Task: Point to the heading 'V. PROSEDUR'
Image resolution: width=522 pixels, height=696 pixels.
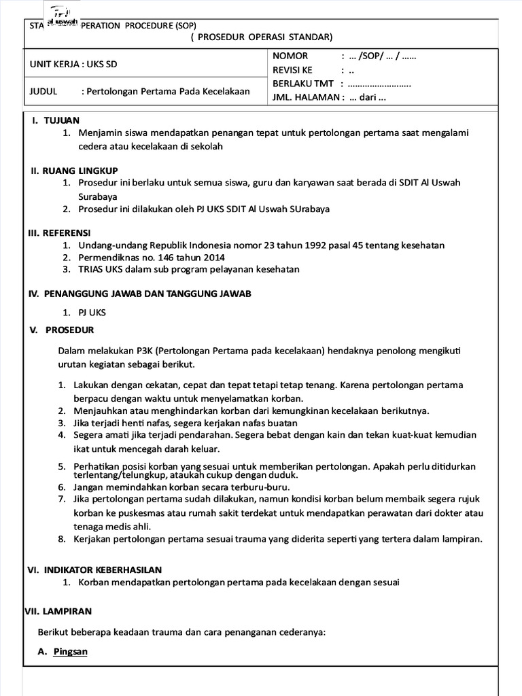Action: point(61,330)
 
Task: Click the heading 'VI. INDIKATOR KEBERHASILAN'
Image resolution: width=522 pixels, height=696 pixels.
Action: point(94,570)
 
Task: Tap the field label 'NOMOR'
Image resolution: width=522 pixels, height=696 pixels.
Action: point(290,56)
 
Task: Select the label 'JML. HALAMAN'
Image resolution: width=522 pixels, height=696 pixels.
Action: point(305,97)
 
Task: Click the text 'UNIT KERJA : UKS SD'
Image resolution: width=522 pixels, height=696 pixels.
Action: point(78,65)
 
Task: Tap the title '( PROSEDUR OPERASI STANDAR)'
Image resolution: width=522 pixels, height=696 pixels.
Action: point(262,37)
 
